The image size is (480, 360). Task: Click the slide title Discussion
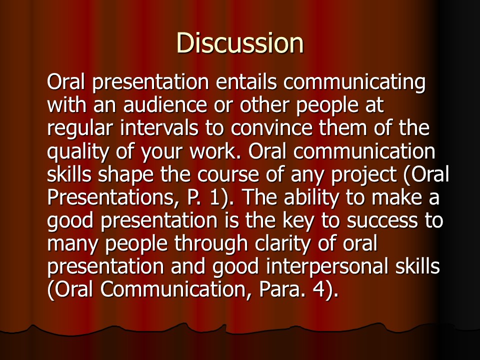[240, 43]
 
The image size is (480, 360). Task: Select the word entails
[246, 81]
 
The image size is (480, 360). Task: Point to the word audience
[165, 105]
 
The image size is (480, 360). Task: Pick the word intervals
[159, 128]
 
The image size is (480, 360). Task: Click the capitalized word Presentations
[110, 197]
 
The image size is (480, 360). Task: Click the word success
[382, 221]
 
